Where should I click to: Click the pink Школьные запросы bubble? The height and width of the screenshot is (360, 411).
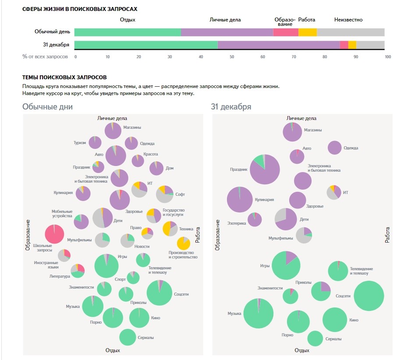[55, 234]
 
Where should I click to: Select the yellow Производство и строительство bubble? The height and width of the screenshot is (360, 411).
[183, 243]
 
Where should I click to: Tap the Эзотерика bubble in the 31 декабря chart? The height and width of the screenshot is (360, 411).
[255, 219]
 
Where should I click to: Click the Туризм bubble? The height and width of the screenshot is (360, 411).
[95, 142]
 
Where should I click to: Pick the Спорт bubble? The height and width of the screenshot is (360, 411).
[133, 277]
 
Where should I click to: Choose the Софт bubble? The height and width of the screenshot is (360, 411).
[165, 194]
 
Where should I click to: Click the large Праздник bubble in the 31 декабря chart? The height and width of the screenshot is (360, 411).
[265, 169]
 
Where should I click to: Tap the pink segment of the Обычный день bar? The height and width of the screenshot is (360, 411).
[286, 32]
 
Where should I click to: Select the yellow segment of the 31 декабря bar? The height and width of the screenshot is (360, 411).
[352, 45]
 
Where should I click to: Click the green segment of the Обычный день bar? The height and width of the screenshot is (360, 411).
[128, 32]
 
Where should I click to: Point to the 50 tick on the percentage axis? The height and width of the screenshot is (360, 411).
[232, 56]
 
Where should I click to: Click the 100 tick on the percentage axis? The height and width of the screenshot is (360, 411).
[384, 56]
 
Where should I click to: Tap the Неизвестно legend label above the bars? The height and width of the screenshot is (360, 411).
[348, 20]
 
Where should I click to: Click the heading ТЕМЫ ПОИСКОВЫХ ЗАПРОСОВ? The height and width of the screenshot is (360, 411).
[64, 78]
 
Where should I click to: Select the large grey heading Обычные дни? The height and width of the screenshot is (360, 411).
[48, 107]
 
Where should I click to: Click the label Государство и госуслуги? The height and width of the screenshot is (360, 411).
[174, 212]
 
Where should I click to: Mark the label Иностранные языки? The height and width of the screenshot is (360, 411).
[46, 265]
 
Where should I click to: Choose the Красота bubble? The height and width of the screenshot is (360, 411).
[138, 161]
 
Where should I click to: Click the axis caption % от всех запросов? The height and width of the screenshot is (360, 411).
[45, 56]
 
